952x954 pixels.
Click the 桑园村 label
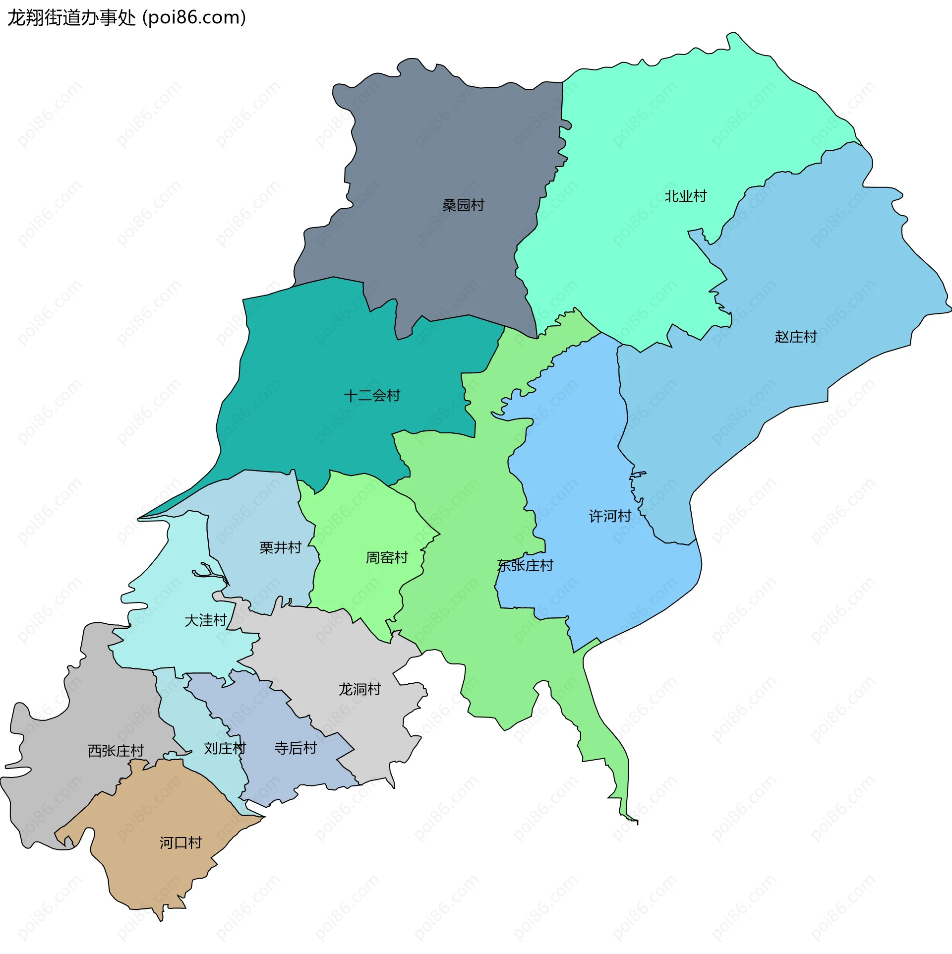point(463,205)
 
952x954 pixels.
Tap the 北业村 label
point(685,196)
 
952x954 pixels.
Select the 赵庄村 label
point(795,337)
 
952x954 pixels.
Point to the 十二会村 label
point(372,396)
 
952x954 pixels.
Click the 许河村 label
point(610,516)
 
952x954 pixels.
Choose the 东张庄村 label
point(525,565)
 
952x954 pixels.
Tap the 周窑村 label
point(387,558)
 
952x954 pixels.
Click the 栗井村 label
point(280,547)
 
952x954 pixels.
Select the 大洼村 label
point(205,620)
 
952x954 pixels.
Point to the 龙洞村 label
point(359,689)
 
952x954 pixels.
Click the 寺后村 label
point(296,748)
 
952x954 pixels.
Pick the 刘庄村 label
point(225,748)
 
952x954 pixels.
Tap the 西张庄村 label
point(116,751)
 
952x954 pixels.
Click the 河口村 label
point(180,842)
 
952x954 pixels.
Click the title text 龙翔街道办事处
point(71,18)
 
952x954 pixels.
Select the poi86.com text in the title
point(194,18)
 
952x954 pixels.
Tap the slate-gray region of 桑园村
point(446,149)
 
